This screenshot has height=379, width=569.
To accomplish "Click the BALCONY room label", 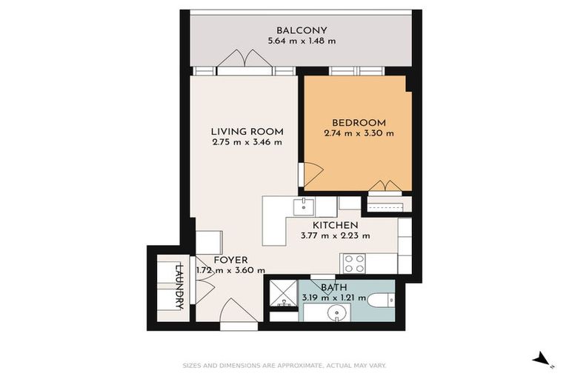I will tap(302, 30).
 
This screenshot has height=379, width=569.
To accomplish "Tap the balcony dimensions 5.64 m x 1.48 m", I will tap(302, 41).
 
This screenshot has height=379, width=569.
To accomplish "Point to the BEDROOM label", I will tap(359, 123).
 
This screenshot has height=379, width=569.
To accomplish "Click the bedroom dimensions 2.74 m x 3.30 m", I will tap(359, 133).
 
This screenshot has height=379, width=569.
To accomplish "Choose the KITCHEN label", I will tap(335, 225).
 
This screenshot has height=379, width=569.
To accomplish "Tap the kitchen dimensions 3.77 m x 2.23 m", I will tap(335, 235).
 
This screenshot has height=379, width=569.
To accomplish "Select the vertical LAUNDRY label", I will tap(179, 285).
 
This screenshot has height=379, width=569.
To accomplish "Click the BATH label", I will tap(334, 287).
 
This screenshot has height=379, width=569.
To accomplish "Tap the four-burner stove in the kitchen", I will tap(354, 263).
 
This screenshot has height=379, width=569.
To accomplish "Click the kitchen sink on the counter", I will tap(303, 204).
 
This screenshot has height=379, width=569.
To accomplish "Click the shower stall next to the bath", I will tap(282, 294).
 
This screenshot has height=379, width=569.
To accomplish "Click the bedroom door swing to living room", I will tap(311, 173).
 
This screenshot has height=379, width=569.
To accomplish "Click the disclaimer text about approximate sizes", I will tap(284, 365).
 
